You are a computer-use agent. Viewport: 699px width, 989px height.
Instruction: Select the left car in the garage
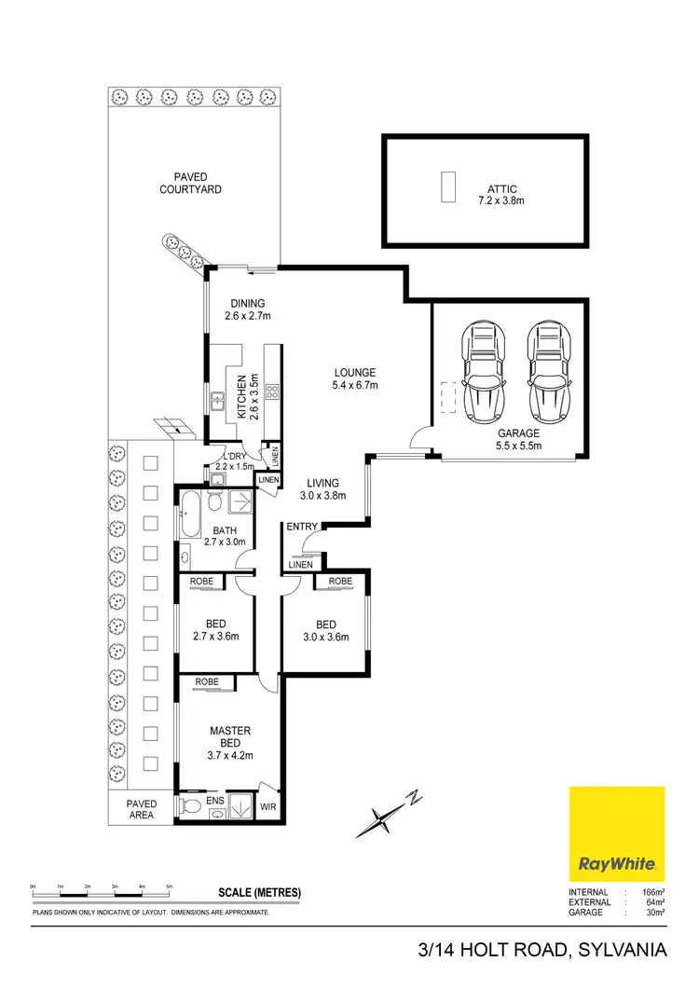(482, 371)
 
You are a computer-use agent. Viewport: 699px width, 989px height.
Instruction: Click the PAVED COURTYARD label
(190, 183)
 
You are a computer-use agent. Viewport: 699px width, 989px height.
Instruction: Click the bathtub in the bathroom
(190, 508)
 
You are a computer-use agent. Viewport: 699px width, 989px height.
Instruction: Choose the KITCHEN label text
(240, 395)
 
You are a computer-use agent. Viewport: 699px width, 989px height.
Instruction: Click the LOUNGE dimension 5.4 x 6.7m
(355, 385)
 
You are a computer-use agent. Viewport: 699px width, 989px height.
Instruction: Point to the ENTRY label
(302, 528)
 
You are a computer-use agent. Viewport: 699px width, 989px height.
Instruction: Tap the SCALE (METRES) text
(259, 892)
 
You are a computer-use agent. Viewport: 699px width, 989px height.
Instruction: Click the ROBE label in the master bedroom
(207, 682)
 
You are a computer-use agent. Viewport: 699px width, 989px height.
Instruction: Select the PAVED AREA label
(142, 808)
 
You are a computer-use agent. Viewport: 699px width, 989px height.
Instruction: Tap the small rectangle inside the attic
(448, 186)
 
